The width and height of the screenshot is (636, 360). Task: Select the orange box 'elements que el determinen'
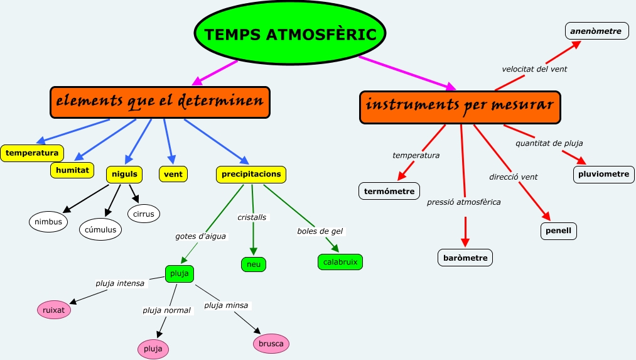(159, 102)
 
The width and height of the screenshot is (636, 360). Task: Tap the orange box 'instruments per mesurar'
(460, 107)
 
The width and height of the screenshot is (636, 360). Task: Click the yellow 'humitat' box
(72, 170)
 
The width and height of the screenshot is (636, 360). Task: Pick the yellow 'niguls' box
(124, 173)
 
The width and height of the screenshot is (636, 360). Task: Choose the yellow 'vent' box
(173, 173)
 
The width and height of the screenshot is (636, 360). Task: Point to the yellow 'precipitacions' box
(251, 174)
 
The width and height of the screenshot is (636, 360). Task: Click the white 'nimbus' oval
(48, 221)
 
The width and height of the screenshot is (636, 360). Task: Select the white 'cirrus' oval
(144, 214)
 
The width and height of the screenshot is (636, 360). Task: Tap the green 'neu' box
(254, 265)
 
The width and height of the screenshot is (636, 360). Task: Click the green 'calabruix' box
(340, 262)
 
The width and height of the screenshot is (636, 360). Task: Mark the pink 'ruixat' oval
(54, 310)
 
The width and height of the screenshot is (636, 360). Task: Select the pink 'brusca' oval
(271, 344)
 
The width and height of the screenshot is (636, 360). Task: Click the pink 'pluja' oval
(153, 348)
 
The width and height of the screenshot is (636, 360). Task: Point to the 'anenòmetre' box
(596, 31)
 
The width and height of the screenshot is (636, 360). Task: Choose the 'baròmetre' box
(465, 258)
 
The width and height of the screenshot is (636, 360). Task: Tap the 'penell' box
(558, 231)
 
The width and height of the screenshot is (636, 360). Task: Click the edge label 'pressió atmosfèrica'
(464, 202)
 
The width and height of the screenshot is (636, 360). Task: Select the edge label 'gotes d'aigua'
(200, 236)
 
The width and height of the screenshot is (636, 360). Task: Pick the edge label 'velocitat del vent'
(534, 69)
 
